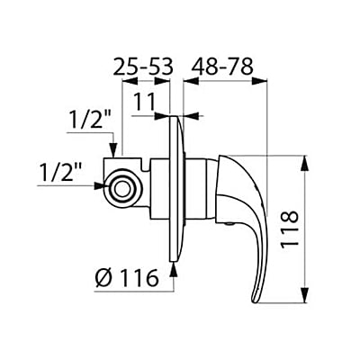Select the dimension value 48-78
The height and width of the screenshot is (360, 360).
(223, 66)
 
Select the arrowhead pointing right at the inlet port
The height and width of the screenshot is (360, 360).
(100, 187)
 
